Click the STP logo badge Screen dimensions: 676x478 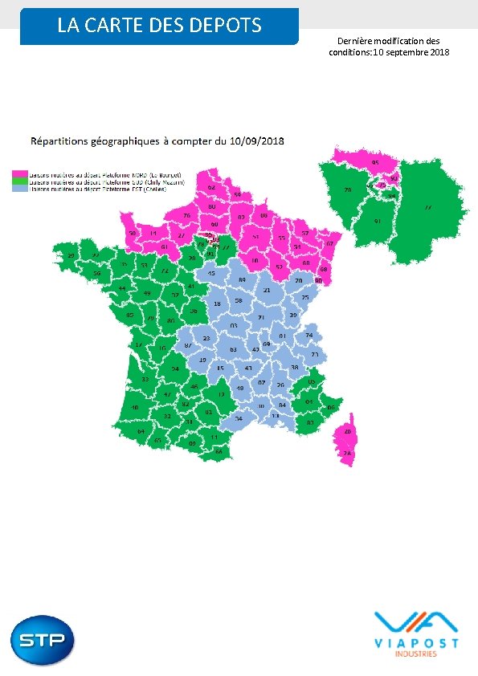click(x=43, y=641)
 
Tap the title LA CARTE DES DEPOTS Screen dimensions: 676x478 click(x=159, y=26)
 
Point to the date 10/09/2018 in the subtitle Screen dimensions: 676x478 click(x=255, y=141)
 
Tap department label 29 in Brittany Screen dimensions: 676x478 click(x=71, y=256)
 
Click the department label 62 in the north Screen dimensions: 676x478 click(x=211, y=188)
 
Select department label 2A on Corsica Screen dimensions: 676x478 click(x=348, y=454)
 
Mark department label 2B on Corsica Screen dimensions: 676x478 click(x=347, y=433)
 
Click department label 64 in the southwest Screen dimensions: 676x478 click(x=141, y=431)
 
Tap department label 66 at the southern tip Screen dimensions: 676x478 click(x=219, y=451)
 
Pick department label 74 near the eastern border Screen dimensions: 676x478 click(x=309, y=335)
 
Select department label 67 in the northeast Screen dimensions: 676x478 click(x=329, y=243)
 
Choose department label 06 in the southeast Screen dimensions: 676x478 click(x=332, y=408)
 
